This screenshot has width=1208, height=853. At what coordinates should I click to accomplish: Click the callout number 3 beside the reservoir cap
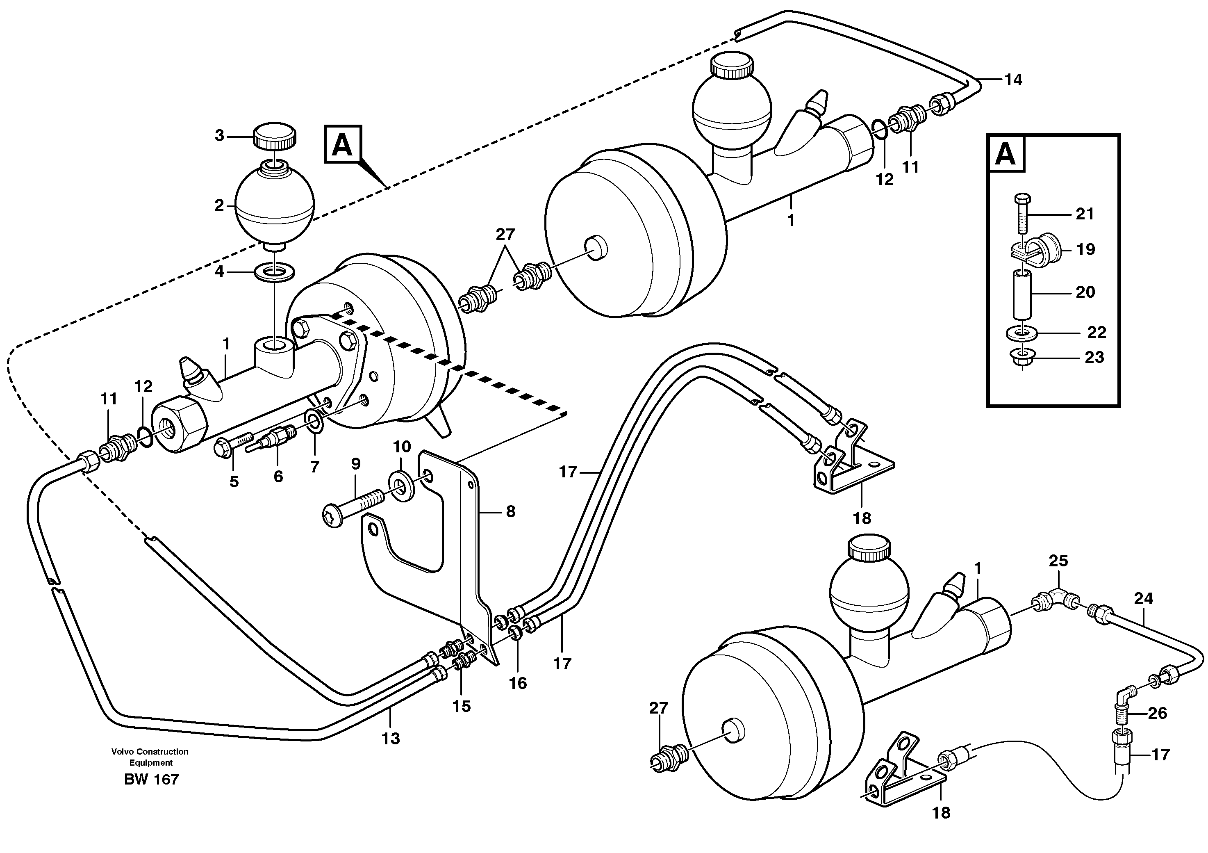[x=219, y=136]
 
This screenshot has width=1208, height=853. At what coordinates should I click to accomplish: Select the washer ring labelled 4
[x=274, y=274]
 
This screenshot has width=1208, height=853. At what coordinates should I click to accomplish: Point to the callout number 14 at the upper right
[x=1013, y=80]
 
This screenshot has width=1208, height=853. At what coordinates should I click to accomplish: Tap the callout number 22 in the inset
[x=1097, y=332]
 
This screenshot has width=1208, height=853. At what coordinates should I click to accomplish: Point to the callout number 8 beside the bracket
[x=510, y=511]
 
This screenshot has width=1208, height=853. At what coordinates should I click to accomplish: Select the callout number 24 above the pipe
[x=1143, y=598]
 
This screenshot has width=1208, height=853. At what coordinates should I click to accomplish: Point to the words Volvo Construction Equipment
[x=150, y=757]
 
